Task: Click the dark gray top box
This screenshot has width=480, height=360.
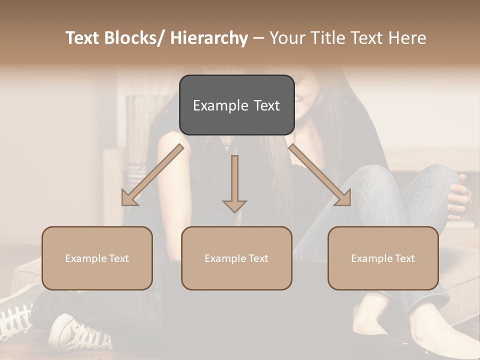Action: [236, 105]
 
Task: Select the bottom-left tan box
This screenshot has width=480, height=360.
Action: [97, 258]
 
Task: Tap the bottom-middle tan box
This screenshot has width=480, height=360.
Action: [236, 258]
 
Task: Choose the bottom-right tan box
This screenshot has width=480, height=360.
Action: [383, 258]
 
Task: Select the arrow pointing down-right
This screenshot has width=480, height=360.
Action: [320, 175]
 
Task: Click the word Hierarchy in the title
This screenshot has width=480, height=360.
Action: [209, 38]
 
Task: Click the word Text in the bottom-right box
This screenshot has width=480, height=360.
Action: [405, 258]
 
